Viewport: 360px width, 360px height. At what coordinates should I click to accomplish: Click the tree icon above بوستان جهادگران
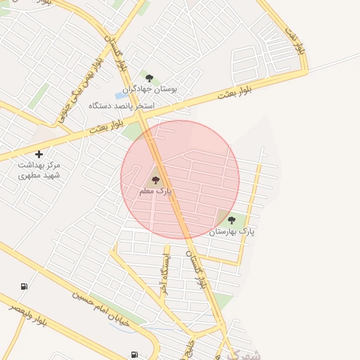pos(149,78)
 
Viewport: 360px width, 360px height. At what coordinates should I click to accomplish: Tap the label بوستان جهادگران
pos(150,89)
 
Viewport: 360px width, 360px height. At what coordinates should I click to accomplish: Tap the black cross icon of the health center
pos(39,154)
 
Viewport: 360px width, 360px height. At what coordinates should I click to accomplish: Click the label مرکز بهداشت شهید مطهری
pos(39,169)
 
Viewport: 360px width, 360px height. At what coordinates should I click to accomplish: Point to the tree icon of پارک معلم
pos(155,180)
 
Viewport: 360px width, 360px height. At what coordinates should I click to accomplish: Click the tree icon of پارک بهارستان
pos(231,220)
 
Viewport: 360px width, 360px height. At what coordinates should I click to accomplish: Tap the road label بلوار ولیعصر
pos(28,314)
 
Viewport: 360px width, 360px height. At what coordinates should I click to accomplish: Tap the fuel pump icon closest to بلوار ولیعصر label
pos(25,286)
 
